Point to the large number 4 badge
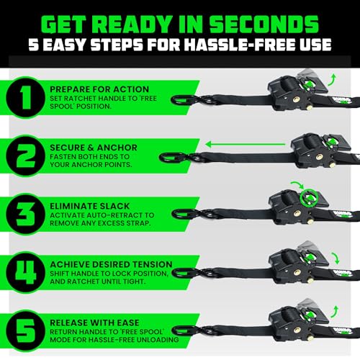[25, 269]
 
